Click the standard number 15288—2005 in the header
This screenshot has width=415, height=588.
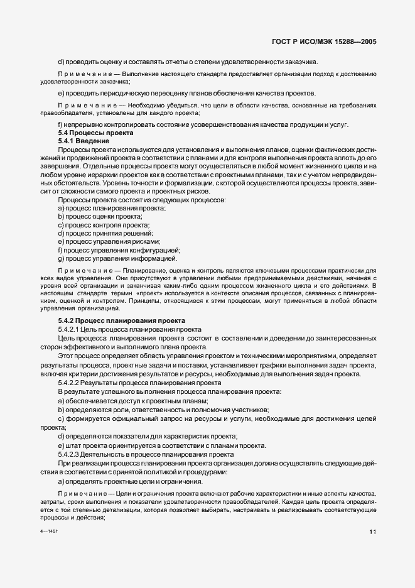(x=352, y=42)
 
